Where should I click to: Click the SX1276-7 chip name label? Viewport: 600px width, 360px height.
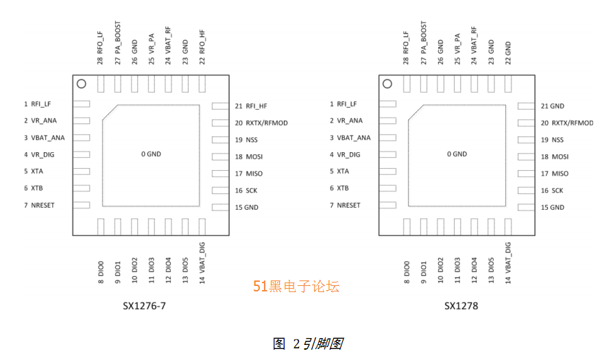coord(139,306)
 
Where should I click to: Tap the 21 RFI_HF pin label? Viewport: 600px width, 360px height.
coord(251,106)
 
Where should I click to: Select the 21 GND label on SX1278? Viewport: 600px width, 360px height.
coord(552,106)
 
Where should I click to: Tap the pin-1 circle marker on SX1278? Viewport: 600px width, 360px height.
coord(387,84)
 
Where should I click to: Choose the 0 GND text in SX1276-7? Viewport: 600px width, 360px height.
coord(152,154)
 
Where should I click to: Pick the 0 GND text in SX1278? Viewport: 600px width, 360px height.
coord(457,154)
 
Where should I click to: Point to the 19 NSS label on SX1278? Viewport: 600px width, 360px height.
coord(552,140)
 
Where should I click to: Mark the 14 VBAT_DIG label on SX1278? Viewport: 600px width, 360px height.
coord(508,263)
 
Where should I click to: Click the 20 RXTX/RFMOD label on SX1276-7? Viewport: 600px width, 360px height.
coord(261,123)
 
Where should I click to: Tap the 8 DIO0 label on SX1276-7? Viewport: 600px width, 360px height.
coord(101,272)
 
